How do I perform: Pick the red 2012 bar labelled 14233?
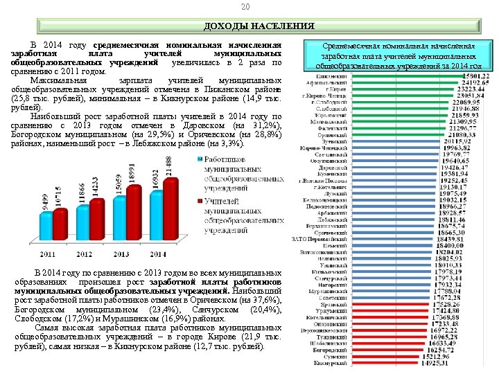pyautogui.click(x=94, y=217)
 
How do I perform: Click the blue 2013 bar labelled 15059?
pyautogui.click(x=119, y=214)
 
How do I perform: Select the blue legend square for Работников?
pyautogui.click(x=198, y=161)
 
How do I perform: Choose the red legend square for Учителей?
pyautogui.click(x=198, y=201)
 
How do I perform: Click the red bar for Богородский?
pyautogui.click(x=374, y=350)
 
